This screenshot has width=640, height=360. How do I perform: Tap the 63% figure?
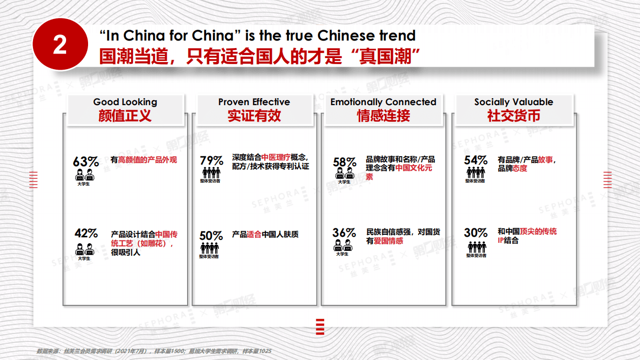[86, 162]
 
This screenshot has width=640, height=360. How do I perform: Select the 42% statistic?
[86, 234]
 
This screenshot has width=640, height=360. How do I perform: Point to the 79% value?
[211, 161]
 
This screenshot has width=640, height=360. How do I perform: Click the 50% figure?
[211, 235]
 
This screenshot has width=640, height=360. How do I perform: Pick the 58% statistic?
[344, 162]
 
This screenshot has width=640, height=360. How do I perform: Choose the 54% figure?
[475, 160]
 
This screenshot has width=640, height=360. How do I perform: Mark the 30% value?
[475, 233]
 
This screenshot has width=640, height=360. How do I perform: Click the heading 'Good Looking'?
[125, 102]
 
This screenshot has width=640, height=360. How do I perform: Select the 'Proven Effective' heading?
[254, 102]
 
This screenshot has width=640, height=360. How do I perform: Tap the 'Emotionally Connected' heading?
[383, 102]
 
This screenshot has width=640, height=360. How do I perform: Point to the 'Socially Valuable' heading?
[513, 102]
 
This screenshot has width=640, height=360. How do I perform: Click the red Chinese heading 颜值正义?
[125, 116]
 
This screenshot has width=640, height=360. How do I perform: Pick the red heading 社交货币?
[513, 116]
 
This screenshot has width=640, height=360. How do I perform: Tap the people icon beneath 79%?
[210, 173]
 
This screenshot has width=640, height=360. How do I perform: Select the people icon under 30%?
[476, 247]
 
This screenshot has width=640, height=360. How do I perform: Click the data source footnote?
[154, 351]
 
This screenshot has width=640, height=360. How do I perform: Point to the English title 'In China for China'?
[257, 36]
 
